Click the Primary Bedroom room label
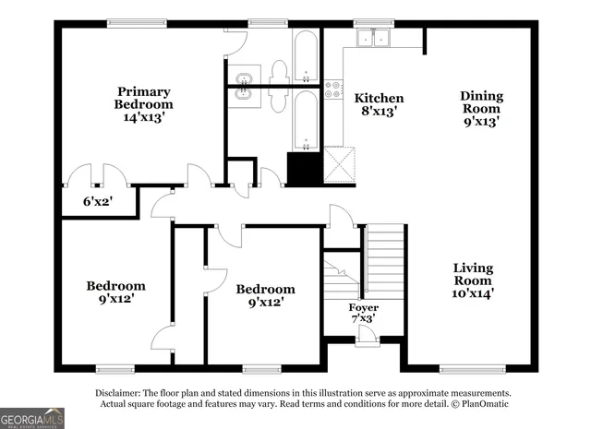(143, 98)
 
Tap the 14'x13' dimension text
(143, 118)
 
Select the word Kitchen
(380, 98)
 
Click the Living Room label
(473, 274)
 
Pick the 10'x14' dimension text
(473, 293)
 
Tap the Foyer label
(363, 307)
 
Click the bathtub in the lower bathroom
(306, 119)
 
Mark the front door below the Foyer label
(367, 338)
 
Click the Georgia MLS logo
(32, 418)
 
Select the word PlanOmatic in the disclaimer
(479, 404)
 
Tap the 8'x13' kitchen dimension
(380, 112)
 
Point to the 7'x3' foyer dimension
(363, 319)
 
